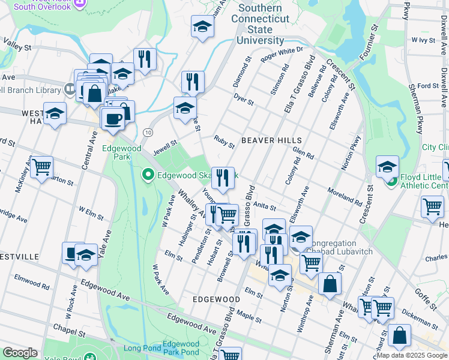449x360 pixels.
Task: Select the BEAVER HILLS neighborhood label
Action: (266, 140)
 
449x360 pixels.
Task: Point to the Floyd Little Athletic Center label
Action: (421, 181)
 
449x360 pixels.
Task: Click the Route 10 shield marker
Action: (148, 131)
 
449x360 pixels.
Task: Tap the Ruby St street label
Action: (224, 142)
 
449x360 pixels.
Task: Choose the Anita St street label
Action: (264, 206)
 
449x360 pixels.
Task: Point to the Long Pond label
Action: (143, 348)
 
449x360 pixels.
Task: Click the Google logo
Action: (19, 353)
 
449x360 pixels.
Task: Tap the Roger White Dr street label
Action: (282, 54)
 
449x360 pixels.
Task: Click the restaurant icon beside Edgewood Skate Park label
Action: (223, 177)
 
